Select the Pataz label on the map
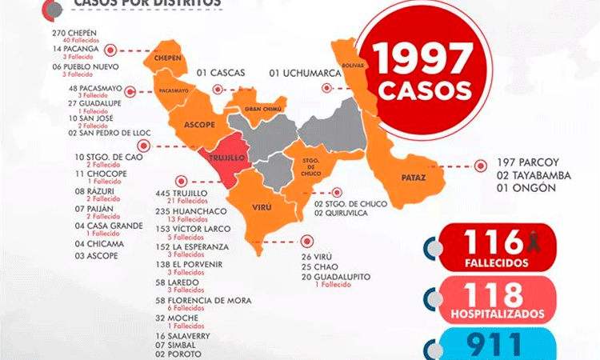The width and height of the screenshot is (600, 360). pyautogui.click(x=414, y=178)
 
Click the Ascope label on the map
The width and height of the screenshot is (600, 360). pyautogui.click(x=198, y=125)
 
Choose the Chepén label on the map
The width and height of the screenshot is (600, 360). pyautogui.click(x=167, y=58)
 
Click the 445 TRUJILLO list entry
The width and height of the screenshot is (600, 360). pyautogui.click(x=184, y=194)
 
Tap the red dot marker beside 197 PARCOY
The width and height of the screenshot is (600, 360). pyautogui.click(x=480, y=166)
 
